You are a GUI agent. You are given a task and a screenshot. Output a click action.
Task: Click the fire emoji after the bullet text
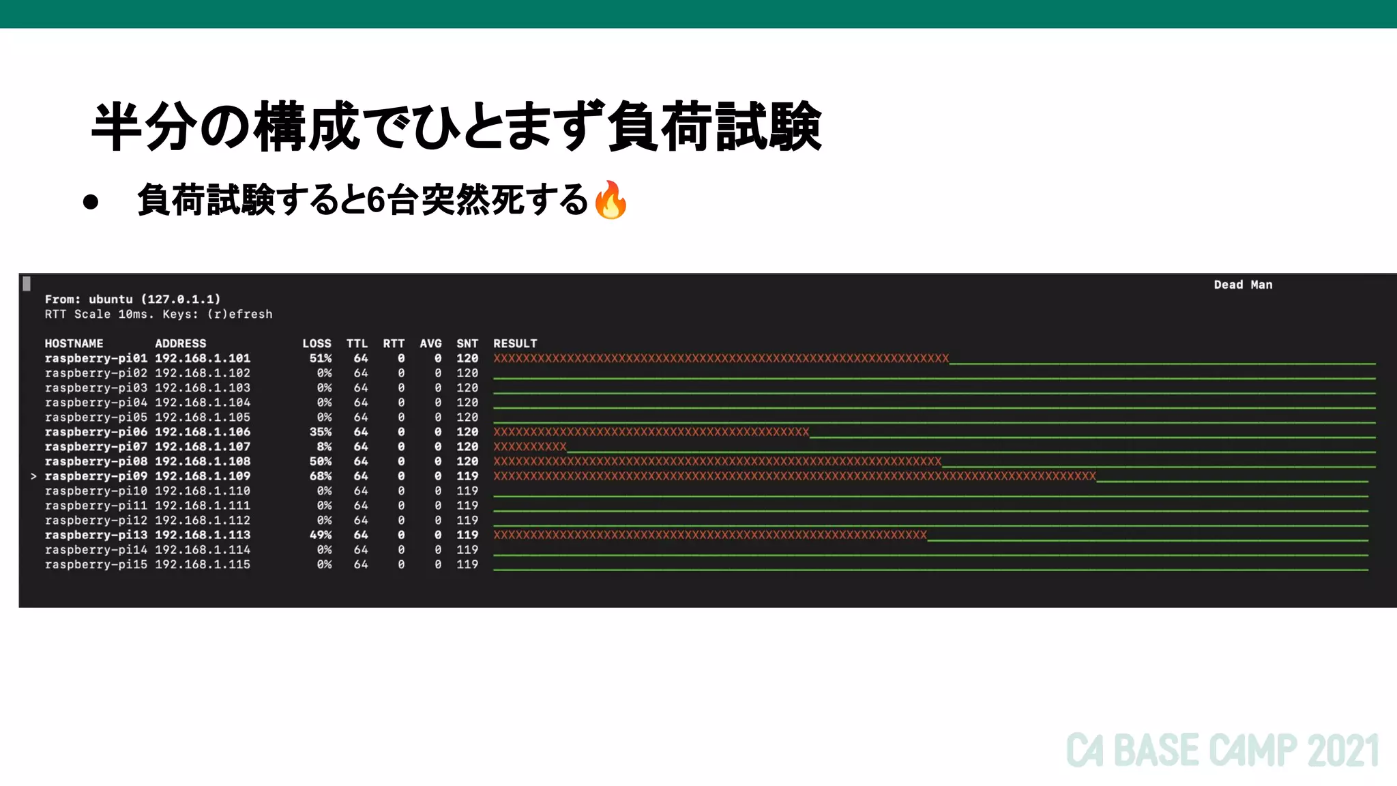pos(611,200)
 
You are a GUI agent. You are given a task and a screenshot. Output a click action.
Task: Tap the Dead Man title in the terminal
pos(1243,285)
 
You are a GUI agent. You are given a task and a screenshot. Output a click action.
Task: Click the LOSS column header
pos(317,343)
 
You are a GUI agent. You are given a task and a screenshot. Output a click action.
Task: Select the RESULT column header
pos(515,343)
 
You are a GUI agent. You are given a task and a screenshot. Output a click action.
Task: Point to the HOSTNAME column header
pos(74,343)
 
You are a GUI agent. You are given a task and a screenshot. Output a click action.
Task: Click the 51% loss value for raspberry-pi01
pos(321,358)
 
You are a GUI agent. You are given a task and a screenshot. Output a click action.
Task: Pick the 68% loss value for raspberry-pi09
pos(321,476)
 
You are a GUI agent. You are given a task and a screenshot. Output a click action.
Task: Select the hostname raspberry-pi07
pos(95,447)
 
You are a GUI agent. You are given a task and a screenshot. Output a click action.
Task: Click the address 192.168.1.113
pos(203,535)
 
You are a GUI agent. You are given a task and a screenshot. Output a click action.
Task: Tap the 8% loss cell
pos(324,447)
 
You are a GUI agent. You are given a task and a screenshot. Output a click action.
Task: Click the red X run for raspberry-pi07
pos(530,447)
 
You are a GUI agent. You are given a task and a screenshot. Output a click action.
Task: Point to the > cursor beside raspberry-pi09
pos(33,476)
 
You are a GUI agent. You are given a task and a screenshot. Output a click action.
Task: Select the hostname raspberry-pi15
pos(95,565)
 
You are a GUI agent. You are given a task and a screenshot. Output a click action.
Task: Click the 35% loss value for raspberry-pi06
pos(321,432)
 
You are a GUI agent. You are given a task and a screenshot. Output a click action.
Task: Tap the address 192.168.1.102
pos(203,373)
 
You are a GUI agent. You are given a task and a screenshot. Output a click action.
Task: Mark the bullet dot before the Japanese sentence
pos(91,202)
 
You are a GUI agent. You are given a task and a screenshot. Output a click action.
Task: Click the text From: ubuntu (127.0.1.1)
pos(132,299)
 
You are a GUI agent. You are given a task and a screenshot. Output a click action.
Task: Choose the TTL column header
pos(357,343)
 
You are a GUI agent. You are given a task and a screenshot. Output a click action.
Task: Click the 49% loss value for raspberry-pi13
pos(321,535)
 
